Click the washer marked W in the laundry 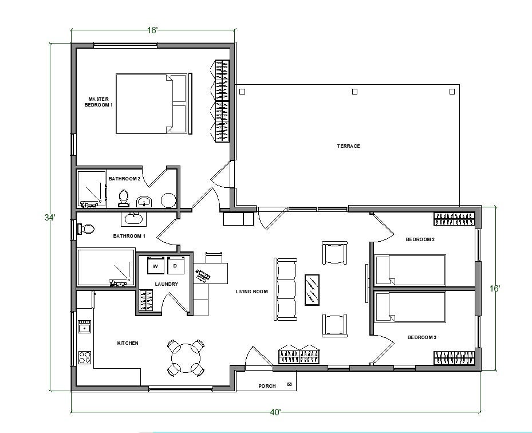156,266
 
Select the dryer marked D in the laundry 175,266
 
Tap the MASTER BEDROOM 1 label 99,102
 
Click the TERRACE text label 348,146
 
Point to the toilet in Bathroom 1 86,229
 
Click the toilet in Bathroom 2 123,198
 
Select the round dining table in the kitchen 184,357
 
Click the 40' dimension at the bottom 275,412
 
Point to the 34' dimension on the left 50,217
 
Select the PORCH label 267,386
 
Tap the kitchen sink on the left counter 85,327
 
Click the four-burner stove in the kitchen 85,357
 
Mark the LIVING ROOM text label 252,292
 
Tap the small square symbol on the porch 289,384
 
